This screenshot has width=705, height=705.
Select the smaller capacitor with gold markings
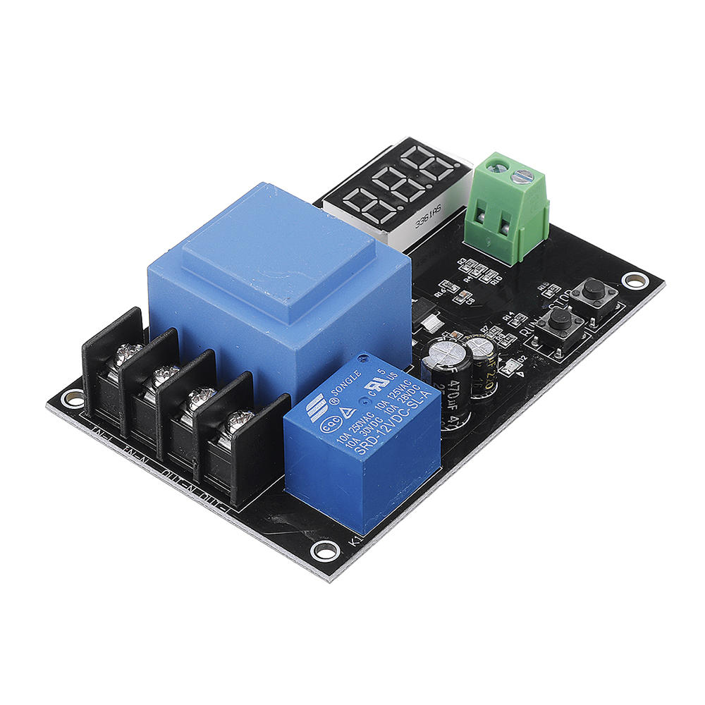pyautogui.click(x=484, y=363)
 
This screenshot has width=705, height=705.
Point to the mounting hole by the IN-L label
pyautogui.click(x=73, y=398)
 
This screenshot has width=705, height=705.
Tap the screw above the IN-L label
pyautogui.click(x=126, y=352)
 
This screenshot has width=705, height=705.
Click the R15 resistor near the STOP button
pyautogui.click(x=549, y=290)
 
